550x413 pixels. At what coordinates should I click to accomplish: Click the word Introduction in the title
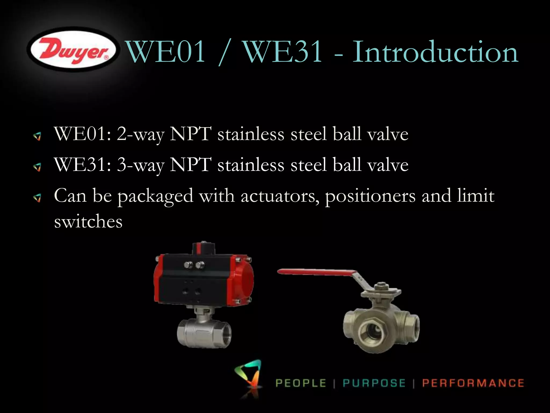[435, 52]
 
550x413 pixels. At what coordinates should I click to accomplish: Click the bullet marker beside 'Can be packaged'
[37, 198]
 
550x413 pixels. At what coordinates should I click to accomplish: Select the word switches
[88, 222]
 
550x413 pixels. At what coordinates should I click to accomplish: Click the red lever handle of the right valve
[317, 272]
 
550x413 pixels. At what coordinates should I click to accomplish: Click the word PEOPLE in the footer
[301, 383]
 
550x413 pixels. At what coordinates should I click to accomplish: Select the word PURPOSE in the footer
[374, 383]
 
